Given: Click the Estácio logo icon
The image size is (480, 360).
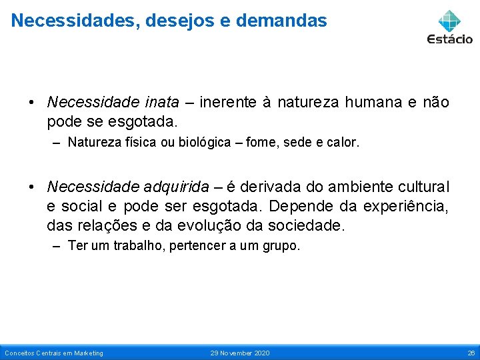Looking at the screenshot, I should (x=449, y=20).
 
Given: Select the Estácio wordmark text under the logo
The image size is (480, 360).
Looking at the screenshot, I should (x=450, y=39).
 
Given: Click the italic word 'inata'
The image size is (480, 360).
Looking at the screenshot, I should (x=161, y=102).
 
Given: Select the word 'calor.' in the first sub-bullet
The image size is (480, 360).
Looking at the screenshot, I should (x=343, y=142).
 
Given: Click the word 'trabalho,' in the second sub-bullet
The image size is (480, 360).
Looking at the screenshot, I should (x=142, y=246).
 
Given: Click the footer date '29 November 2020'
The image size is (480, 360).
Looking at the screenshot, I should (x=240, y=353).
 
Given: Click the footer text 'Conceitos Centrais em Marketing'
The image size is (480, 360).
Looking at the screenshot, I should (x=54, y=353).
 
